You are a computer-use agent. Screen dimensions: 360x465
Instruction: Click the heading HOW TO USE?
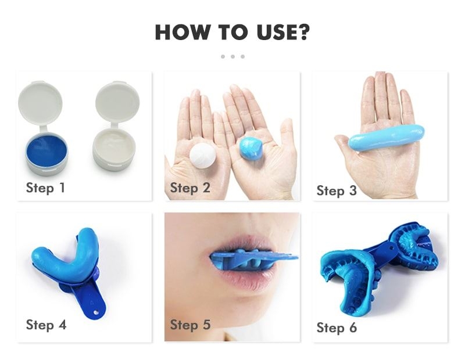click(x=233, y=33)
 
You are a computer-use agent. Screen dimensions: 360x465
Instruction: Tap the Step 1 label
click(x=46, y=188)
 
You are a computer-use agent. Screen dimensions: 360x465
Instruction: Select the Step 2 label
click(x=190, y=188)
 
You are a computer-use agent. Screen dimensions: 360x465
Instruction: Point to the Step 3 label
click(x=337, y=190)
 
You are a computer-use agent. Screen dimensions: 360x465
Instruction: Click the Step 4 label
click(x=46, y=325)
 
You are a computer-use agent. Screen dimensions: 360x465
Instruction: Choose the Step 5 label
click(x=190, y=325)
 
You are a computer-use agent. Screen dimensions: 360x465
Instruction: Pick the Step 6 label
click(x=337, y=327)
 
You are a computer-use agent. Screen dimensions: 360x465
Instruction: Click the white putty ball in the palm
click(x=203, y=156)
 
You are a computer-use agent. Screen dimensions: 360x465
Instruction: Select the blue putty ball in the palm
click(x=251, y=149)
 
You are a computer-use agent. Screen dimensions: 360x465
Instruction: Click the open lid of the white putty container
click(x=117, y=102)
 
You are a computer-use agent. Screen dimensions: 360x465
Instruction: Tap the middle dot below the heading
click(x=233, y=56)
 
